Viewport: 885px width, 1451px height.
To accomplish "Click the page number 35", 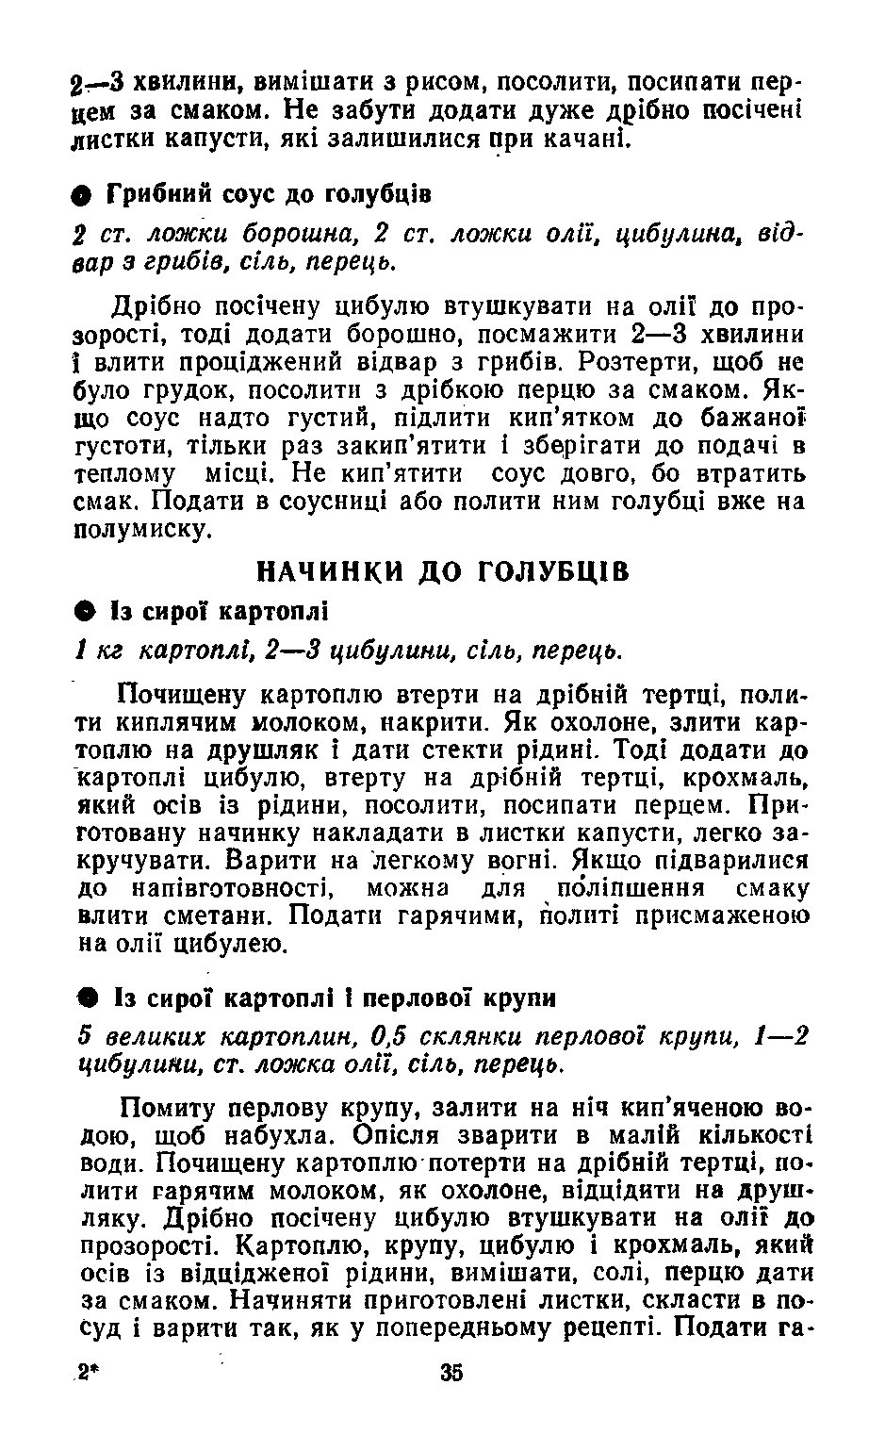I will [x=451, y=1373].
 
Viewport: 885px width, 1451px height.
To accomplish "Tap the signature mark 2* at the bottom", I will [x=90, y=1374].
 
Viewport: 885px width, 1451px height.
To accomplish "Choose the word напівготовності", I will [x=221, y=889].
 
